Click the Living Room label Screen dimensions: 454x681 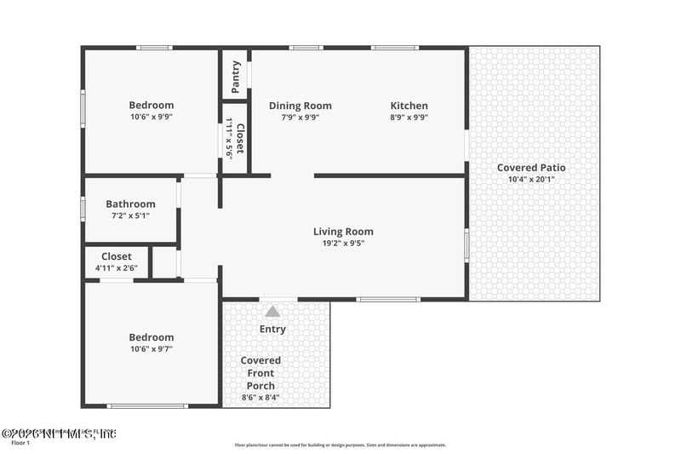tap(343, 232)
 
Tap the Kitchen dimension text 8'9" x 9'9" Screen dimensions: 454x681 tap(409, 118)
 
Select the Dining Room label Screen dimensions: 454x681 tap(300, 106)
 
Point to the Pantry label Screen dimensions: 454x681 tap(236, 77)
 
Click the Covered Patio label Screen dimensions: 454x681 tap(531, 168)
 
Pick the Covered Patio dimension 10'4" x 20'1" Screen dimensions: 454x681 tap(531, 180)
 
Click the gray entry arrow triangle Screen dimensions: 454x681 tap(272, 312)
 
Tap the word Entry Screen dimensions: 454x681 tap(272, 329)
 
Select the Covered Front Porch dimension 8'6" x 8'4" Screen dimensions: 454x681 tap(260, 397)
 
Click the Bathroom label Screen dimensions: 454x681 tap(130, 204)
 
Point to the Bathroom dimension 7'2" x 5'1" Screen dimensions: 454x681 tap(130, 216)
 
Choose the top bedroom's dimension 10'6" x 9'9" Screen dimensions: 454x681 tap(152, 117)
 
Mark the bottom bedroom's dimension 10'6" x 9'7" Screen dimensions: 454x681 tap(151, 349)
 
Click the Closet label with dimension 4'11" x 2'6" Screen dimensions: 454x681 tap(117, 256)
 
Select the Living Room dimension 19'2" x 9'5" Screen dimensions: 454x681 tap(343, 244)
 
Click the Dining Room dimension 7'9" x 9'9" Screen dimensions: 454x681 tap(300, 118)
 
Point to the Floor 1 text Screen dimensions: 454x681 tap(20, 443)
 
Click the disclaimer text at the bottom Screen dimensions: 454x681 tap(340, 444)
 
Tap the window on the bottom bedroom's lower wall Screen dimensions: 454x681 tap(147, 406)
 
